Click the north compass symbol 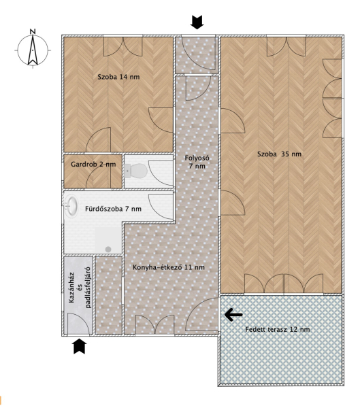pyautogui.click(x=33, y=50)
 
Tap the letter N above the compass pyautogui.click(x=33, y=32)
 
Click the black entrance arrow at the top pyautogui.click(x=197, y=22)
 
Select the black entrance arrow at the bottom pyautogui.click(x=80, y=346)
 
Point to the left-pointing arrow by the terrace pyautogui.click(x=233, y=315)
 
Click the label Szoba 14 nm pyautogui.click(x=118, y=77)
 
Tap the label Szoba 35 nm pyautogui.click(x=279, y=154)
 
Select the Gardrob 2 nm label pyautogui.click(x=93, y=165)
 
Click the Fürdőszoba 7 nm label pyautogui.click(x=114, y=209)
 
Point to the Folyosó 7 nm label pyautogui.click(x=197, y=162)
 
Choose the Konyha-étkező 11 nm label pyautogui.click(x=169, y=267)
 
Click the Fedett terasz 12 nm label pyautogui.click(x=278, y=329)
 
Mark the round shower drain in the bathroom pyautogui.click(x=108, y=250)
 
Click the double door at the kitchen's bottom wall pyautogui.click(x=154, y=324)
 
